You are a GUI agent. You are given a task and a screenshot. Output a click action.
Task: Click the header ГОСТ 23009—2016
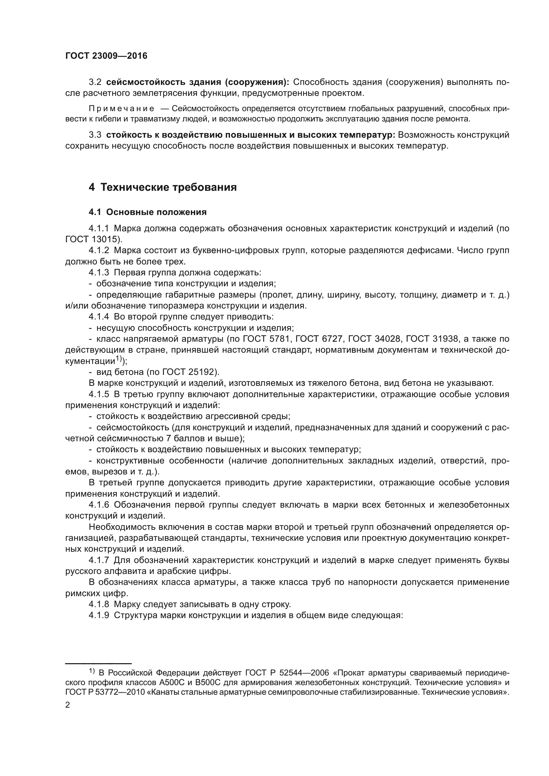pyautogui.click(x=106, y=56)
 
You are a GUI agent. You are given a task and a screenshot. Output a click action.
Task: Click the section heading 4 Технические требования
pyautogui.click(x=163, y=187)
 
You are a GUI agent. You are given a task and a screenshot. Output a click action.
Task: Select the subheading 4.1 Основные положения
pyautogui.click(x=148, y=212)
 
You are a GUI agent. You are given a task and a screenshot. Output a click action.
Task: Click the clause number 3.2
pyautogui.click(x=95, y=83)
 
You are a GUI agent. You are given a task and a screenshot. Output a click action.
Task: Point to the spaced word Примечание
pyautogui.click(x=121, y=109)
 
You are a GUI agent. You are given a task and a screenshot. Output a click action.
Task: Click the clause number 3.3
pyautogui.click(x=95, y=135)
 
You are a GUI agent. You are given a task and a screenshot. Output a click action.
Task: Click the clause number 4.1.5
pyautogui.click(x=99, y=394)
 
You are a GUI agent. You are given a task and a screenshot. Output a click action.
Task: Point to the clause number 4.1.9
pyautogui.click(x=99, y=615)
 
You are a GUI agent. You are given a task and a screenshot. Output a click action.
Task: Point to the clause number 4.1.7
pyautogui.click(x=99, y=560)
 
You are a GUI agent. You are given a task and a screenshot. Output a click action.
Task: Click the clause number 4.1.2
pyautogui.click(x=99, y=250)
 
